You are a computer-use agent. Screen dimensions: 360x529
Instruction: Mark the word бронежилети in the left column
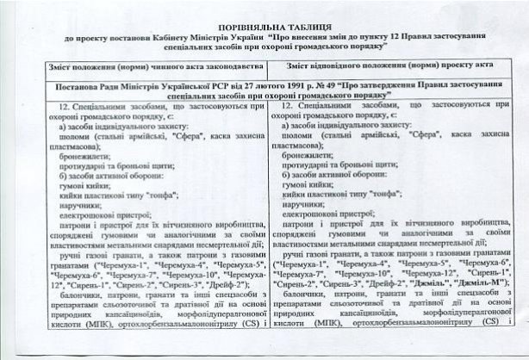pyautogui.click(x=78, y=157)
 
